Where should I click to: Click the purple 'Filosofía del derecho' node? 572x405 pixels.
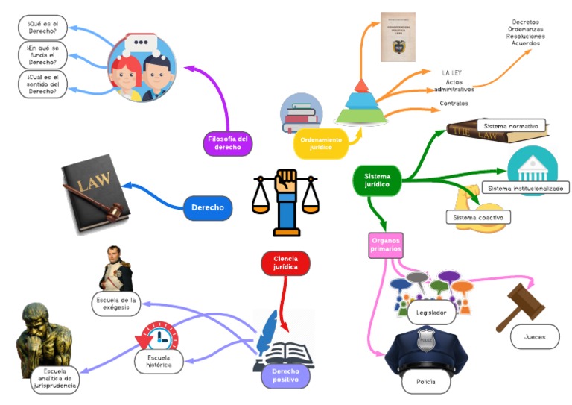(228, 142)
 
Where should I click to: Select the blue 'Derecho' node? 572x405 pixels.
(208, 207)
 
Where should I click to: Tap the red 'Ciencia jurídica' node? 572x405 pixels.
(285, 263)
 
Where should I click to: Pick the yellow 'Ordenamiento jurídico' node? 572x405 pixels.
(321, 144)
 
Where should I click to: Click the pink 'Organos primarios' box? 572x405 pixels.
(387, 245)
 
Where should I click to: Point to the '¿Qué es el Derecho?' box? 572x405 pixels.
(42, 28)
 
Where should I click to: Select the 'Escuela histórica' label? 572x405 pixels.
(159, 362)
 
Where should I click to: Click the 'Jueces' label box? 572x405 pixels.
(535, 337)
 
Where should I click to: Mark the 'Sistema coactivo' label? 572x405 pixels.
(478, 217)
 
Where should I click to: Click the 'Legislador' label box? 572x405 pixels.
(431, 313)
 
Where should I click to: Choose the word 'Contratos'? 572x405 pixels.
(454, 103)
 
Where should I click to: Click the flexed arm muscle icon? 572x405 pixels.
(465, 198)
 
